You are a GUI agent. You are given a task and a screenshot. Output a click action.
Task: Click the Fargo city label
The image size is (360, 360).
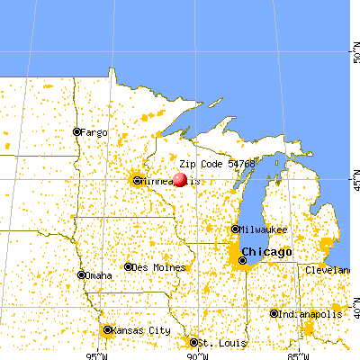[x=94, y=132]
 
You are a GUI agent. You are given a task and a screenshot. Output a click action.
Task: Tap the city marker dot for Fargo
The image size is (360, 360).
[x=76, y=132]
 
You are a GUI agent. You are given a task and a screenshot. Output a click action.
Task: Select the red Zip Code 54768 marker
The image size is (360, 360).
[x=179, y=179]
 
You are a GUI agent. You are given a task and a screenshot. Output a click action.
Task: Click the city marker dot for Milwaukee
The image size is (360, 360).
[x=236, y=229]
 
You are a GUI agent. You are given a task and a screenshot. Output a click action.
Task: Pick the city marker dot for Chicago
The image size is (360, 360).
[x=242, y=260]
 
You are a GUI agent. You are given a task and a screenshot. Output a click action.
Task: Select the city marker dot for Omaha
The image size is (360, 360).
[x=82, y=275]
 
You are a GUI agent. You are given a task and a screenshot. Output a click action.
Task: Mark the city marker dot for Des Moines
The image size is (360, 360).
[x=129, y=267]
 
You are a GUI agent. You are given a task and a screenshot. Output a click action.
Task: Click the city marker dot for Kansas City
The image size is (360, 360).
[x=106, y=330]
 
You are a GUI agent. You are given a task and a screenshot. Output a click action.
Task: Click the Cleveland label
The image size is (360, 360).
[x=327, y=270]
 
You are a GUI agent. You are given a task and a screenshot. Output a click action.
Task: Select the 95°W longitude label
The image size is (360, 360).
[x=94, y=354]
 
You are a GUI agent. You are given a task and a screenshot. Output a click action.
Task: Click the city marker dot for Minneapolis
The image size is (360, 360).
[x=138, y=181]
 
